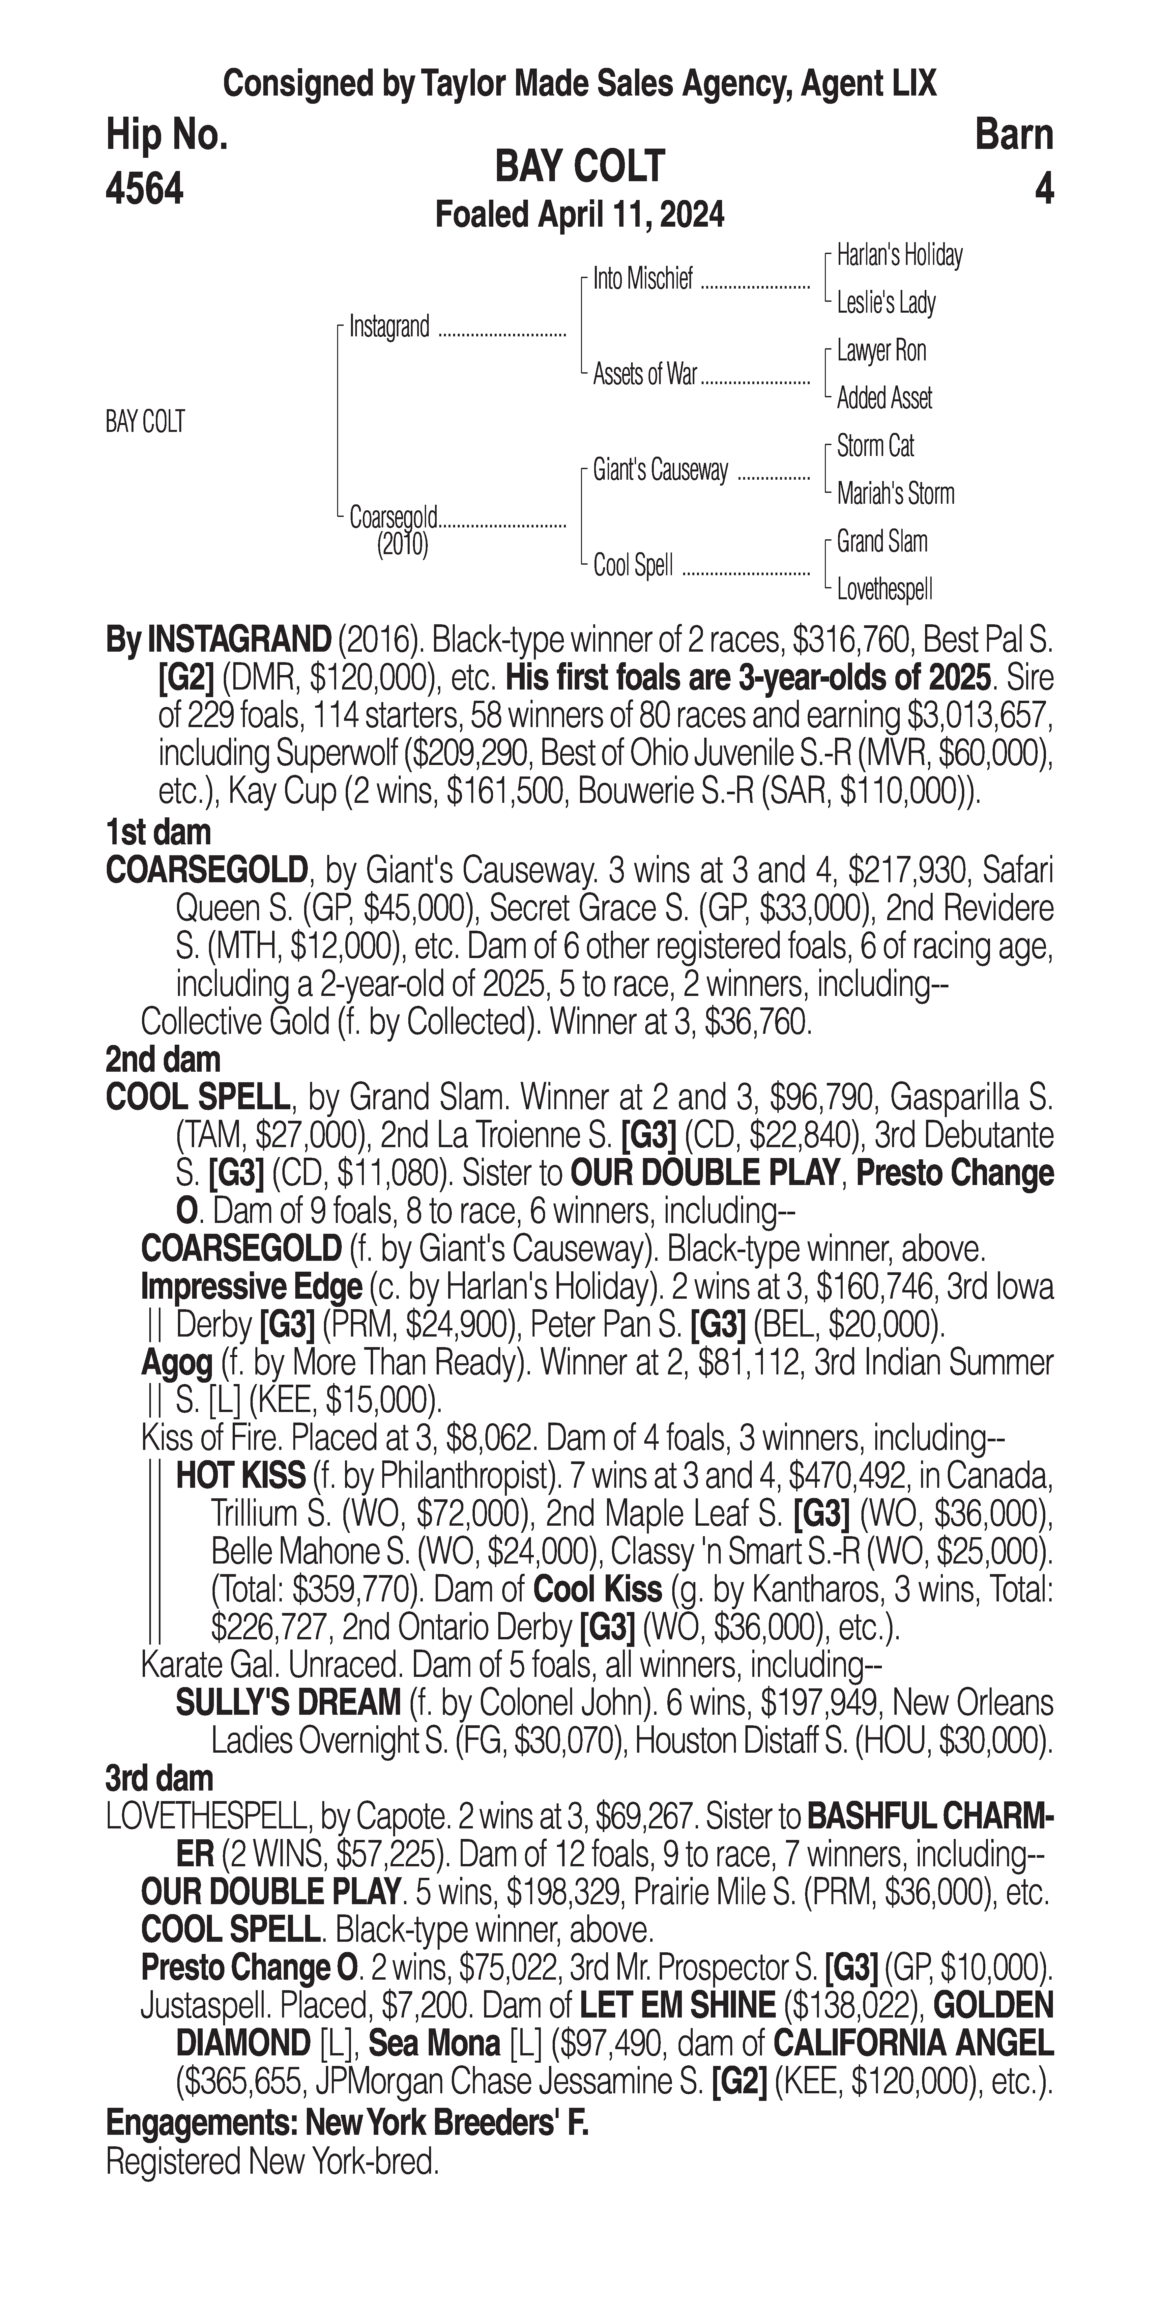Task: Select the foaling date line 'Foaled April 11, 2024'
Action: click(579, 215)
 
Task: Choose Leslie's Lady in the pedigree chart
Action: click(886, 303)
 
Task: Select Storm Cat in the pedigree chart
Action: click(875, 446)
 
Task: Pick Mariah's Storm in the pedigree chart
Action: click(895, 494)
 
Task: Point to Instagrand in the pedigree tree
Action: click(390, 326)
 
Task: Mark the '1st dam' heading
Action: click(158, 833)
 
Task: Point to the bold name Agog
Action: click(176, 1363)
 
